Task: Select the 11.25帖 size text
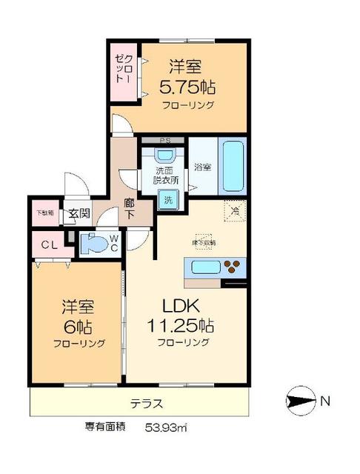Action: (183, 325)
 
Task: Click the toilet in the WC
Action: (93, 244)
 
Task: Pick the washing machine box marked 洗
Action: (169, 199)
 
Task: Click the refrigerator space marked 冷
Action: (235, 210)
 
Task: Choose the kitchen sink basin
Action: (204, 266)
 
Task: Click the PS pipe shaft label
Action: (164, 139)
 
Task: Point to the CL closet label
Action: (46, 244)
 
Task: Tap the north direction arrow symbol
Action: (299, 402)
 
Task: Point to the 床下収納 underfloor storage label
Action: (204, 243)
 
